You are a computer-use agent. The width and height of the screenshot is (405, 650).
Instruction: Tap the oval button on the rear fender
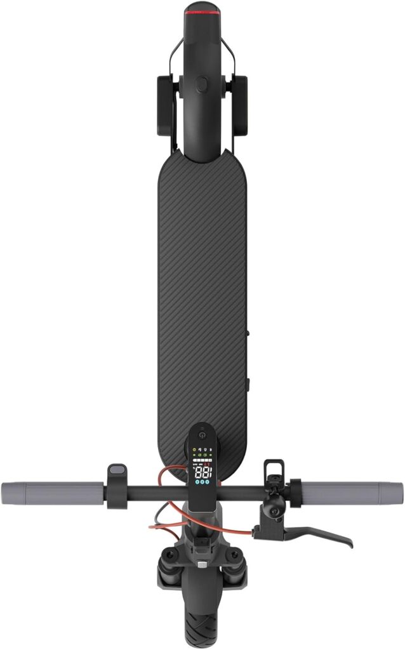(x=202, y=84)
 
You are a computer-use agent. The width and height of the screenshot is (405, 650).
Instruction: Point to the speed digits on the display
(x=202, y=473)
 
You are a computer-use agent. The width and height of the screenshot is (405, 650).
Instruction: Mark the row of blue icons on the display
(x=202, y=483)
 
